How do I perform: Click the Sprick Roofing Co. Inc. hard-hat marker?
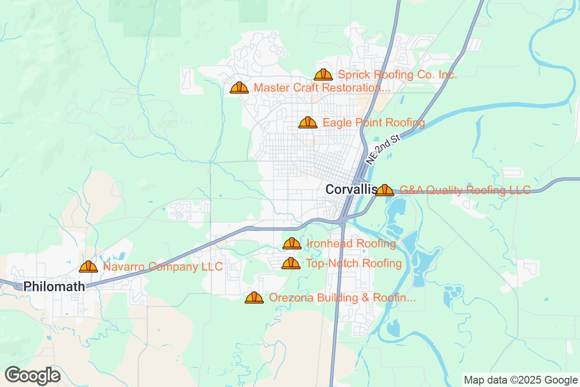click(x=323, y=74)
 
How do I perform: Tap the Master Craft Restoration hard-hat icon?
click(x=239, y=88)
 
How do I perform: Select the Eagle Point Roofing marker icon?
click(x=308, y=122)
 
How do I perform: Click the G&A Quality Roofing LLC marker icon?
click(x=385, y=190)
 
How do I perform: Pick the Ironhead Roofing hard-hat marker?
click(x=292, y=243)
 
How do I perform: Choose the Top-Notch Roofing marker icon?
click(x=291, y=263)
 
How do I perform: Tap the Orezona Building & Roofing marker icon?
click(x=254, y=298)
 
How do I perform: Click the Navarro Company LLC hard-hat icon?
click(x=88, y=267)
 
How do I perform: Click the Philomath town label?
click(x=54, y=286)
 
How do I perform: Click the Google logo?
click(x=33, y=375)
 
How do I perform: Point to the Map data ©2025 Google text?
click(x=520, y=380)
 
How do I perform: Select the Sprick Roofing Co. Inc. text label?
click(x=397, y=75)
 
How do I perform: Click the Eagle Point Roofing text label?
click(x=374, y=123)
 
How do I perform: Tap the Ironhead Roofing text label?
click(x=351, y=244)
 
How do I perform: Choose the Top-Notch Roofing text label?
click(x=354, y=264)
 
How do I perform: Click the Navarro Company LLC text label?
click(x=163, y=267)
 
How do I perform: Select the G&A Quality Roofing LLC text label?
click(x=465, y=190)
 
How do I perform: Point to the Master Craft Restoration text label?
click(x=322, y=88)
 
